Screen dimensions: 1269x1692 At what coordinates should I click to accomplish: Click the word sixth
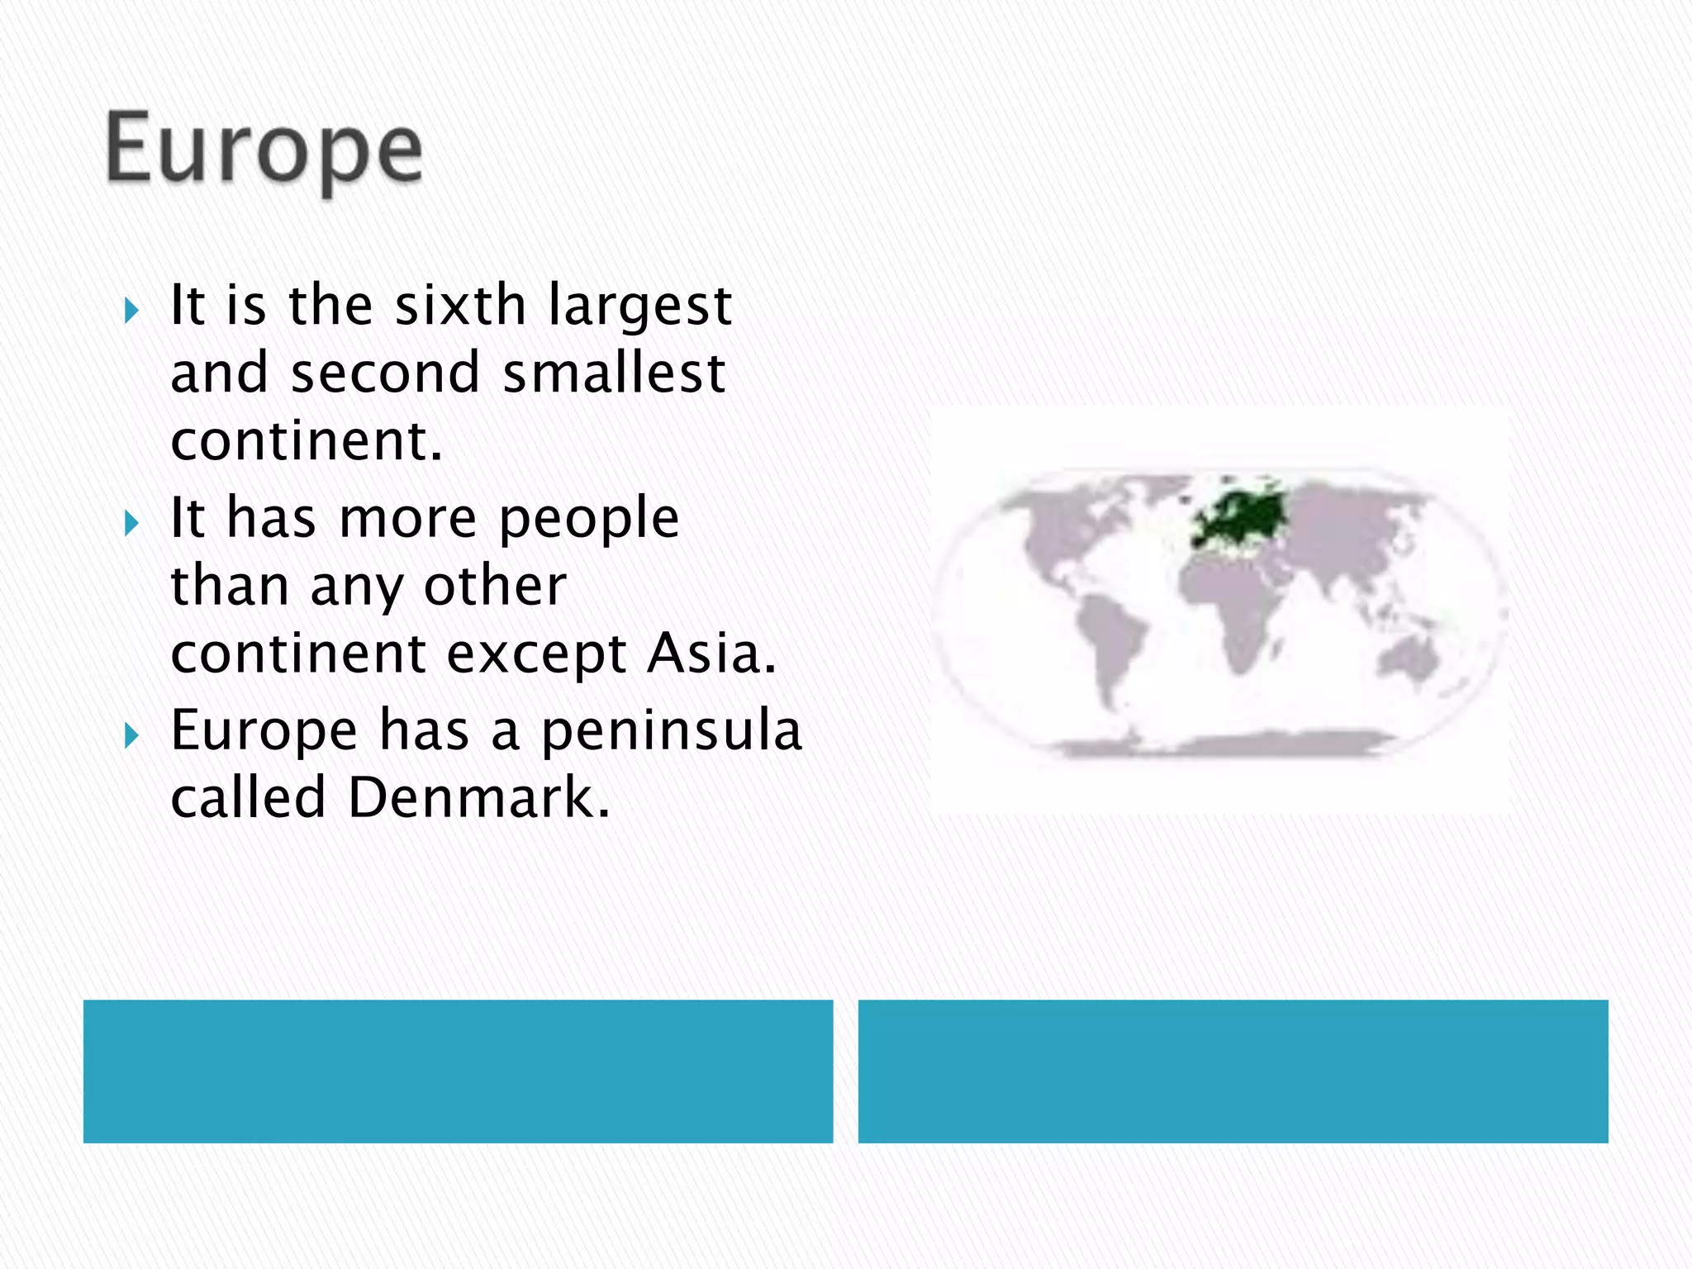point(460,306)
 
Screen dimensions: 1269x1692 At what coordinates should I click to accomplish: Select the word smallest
point(614,373)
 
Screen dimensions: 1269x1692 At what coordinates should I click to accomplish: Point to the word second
point(385,373)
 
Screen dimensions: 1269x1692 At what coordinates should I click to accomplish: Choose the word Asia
point(711,654)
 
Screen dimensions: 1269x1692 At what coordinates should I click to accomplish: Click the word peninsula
point(672,731)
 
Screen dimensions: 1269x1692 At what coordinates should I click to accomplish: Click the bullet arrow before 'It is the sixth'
point(131,311)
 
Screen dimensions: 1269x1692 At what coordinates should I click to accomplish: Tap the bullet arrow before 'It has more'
point(131,523)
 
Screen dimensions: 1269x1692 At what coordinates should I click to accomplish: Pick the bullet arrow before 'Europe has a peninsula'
point(131,734)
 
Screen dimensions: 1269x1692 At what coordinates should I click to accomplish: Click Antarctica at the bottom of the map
point(1223,745)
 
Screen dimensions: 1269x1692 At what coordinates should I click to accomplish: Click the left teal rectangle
point(458,1071)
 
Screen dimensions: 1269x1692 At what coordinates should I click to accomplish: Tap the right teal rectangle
point(1233,1071)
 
